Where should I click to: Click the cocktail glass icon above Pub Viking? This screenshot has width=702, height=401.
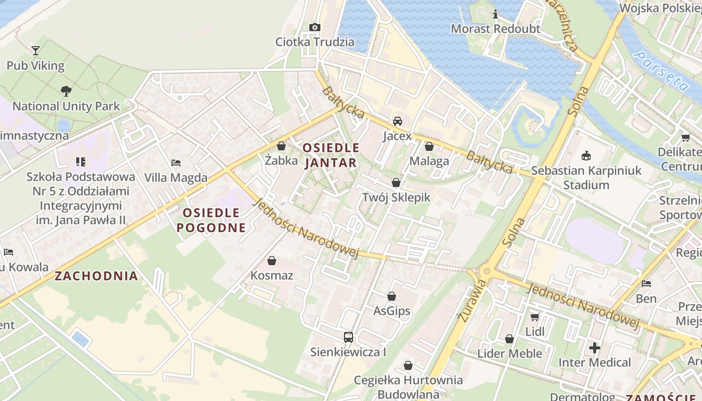[x=35, y=50]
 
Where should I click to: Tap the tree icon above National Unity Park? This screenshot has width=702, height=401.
[x=66, y=91]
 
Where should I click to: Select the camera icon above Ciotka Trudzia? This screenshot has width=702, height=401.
[x=315, y=27]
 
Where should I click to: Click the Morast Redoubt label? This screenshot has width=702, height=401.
[x=495, y=29]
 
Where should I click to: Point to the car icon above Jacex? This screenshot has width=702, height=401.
[x=397, y=121]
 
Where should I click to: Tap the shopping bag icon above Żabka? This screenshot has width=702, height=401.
[x=281, y=146]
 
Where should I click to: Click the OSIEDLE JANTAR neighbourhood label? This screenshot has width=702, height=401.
[x=331, y=155]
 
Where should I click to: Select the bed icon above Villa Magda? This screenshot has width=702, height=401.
[x=175, y=162]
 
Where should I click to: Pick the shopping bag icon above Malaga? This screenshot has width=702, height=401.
[x=429, y=146]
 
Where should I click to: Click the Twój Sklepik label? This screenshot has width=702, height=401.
[x=396, y=197]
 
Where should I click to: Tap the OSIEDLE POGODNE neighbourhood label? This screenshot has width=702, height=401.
[x=211, y=220]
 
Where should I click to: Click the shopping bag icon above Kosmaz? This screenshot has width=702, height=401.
[x=271, y=261]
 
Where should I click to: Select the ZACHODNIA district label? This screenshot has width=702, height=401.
[x=96, y=276]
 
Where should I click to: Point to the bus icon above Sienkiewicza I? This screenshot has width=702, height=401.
[x=348, y=337]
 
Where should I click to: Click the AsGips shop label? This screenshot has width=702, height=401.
[x=392, y=311]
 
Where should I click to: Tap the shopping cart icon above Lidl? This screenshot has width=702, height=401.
[x=535, y=317]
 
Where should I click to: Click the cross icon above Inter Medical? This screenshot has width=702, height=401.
[x=595, y=347]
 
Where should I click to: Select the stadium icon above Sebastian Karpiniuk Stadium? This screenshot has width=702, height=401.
[x=586, y=155]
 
